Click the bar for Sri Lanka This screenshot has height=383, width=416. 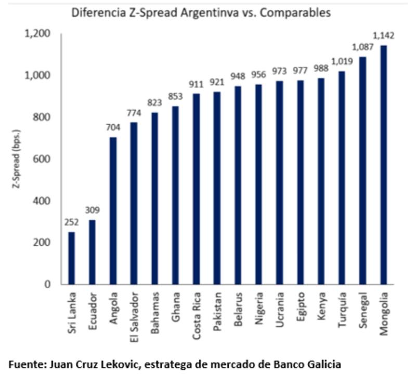point(71,258)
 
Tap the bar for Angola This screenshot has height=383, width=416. point(113,210)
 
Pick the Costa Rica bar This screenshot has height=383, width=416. point(197,189)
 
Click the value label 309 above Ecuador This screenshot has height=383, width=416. point(93,210)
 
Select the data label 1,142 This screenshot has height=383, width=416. point(384,36)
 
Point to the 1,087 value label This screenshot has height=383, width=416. point(363,47)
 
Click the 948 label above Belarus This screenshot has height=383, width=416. point(238,77)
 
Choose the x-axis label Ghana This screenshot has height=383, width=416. point(176,308)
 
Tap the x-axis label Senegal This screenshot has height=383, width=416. point(363,311)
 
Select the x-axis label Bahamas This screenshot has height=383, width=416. point(155,313)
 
